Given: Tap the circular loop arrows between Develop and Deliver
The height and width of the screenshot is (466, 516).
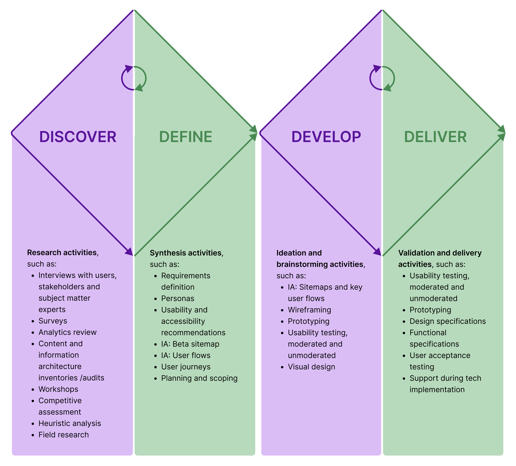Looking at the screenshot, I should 382,78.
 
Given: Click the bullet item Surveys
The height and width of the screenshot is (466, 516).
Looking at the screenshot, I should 53,321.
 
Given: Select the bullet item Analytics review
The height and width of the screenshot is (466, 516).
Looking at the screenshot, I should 68,332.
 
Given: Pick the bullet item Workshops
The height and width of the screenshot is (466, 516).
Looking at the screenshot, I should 58,389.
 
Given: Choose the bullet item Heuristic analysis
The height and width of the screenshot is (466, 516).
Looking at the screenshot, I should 70,423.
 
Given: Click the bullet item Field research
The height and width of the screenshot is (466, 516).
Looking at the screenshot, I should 64,435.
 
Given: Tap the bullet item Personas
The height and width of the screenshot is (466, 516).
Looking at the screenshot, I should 177,298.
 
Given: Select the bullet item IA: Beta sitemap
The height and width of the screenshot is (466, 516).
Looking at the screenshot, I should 190,344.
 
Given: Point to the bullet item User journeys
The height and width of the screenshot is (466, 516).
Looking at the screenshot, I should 186,367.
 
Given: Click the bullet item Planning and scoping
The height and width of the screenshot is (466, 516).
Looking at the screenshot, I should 199,378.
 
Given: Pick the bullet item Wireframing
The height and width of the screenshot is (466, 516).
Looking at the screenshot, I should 309,310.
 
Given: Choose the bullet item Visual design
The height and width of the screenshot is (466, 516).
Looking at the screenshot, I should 311,367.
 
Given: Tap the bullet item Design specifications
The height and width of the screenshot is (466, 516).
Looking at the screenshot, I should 447,321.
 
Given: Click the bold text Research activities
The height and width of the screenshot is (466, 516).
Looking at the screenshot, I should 62,252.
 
